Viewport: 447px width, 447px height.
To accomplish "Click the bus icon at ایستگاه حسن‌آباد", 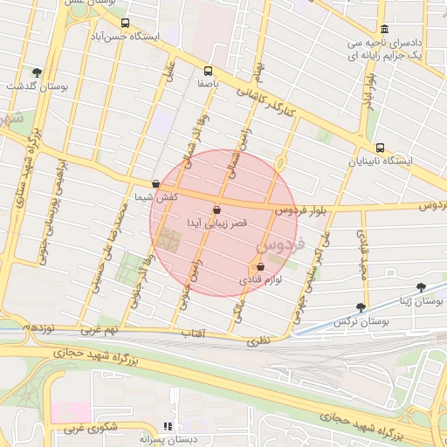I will pyautogui.click(x=125, y=24).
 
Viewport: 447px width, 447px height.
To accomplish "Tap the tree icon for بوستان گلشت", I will pyautogui.click(x=37, y=73).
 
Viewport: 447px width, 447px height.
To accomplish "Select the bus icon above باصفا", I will pyautogui.click(x=208, y=72).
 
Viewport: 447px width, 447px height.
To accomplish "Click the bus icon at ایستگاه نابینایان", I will pyautogui.click(x=379, y=148).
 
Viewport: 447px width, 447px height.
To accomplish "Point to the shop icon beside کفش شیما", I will pyautogui.click(x=155, y=184).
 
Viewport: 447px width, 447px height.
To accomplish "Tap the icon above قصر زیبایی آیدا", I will pyautogui.click(x=217, y=210).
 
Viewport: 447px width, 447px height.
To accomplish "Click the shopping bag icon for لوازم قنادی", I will pyautogui.click(x=260, y=267).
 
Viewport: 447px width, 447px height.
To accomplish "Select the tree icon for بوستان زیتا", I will pyautogui.click(x=422, y=286).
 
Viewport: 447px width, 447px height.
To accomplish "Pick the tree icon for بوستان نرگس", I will pyautogui.click(x=361, y=307).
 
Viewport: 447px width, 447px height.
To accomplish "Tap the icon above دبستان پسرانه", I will pyautogui.click(x=168, y=426).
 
